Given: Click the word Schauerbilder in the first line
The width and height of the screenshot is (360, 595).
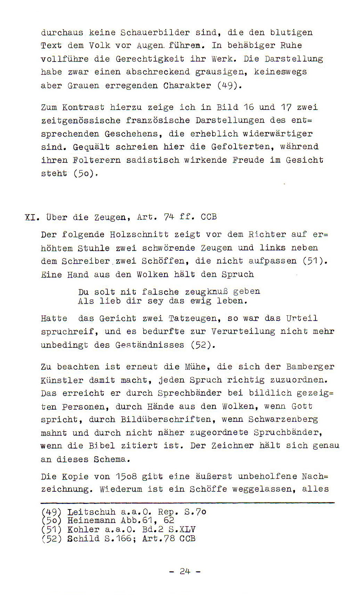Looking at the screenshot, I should [155, 33].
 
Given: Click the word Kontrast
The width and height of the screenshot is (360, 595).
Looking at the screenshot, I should [83, 107].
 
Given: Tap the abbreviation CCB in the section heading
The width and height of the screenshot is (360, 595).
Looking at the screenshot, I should [209, 217].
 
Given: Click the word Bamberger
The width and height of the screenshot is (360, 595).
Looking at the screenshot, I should [310, 367].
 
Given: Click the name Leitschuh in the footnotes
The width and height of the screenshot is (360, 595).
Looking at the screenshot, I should [91, 512].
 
